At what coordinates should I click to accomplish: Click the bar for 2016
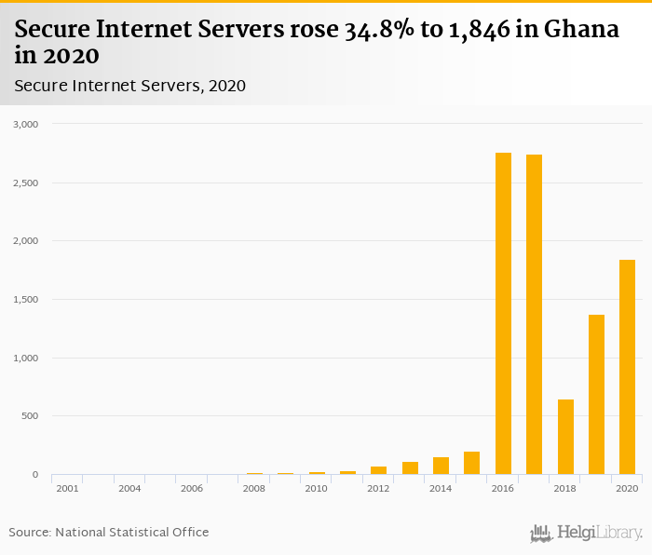coord(503,314)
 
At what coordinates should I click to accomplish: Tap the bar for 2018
coord(565,437)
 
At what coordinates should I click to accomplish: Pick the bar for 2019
coord(596,395)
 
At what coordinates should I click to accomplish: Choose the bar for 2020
coord(627,367)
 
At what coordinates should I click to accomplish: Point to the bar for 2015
coord(471,463)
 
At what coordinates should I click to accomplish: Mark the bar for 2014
coord(441,466)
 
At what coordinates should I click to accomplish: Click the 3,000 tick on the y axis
coord(26,124)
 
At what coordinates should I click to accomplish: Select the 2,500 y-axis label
coord(26,183)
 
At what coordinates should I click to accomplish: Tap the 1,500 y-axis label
coord(26,300)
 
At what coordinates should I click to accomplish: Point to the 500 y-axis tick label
coord(31,416)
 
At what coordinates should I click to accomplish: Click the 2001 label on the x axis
coord(67,488)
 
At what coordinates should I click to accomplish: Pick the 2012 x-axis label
coord(378,488)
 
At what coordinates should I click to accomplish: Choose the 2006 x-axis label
coord(192,488)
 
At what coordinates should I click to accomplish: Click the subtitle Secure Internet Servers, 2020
coord(130,86)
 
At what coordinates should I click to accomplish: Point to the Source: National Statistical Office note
coord(109,532)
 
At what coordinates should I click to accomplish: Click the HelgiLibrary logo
coord(587,533)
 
